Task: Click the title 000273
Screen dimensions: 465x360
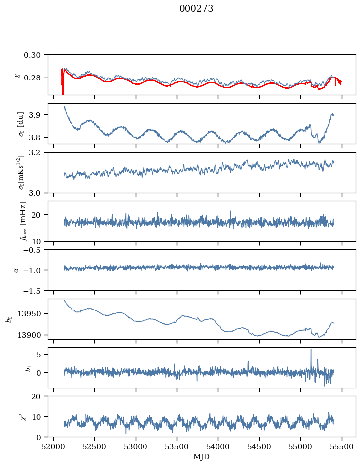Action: [x=196, y=9]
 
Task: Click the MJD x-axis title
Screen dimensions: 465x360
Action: [x=202, y=456]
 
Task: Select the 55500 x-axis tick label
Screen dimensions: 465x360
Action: [x=342, y=446]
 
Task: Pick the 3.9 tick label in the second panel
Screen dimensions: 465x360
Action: [x=38, y=115]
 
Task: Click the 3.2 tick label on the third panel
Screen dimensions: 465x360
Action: [x=38, y=152]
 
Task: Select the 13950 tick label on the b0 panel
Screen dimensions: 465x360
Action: [x=33, y=314]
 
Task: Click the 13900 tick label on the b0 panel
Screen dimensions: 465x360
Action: [x=33, y=335]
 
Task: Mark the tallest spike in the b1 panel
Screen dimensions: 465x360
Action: [x=311, y=350]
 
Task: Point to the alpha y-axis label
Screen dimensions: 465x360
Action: [x=16, y=270]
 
